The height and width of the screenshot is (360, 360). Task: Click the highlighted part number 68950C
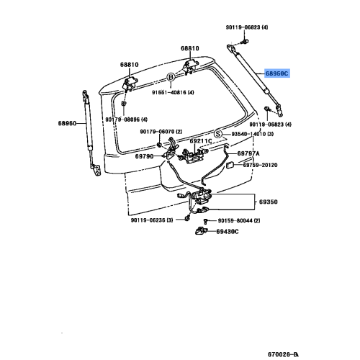pyautogui.click(x=276, y=73)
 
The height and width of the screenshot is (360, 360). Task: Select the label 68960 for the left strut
pyautogui.click(x=67, y=123)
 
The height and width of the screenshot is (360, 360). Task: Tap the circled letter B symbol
pyautogui.click(x=171, y=77)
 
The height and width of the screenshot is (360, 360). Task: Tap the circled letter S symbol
pyautogui.click(x=217, y=134)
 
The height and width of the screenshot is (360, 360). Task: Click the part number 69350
pyautogui.click(x=269, y=202)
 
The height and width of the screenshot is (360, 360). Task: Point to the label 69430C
pyautogui.click(x=228, y=232)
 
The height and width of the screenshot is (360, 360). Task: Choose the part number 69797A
pyautogui.click(x=248, y=153)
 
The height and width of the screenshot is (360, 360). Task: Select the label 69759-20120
pyautogui.click(x=260, y=165)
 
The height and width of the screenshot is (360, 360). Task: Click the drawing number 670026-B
pyautogui.click(x=283, y=354)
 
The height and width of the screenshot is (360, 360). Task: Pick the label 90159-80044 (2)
pyautogui.click(x=239, y=220)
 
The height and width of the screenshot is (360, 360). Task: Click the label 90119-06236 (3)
pyautogui.click(x=152, y=220)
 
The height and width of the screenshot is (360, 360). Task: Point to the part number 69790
pyautogui.click(x=144, y=156)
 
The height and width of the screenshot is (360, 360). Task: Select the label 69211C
pyautogui.click(x=201, y=141)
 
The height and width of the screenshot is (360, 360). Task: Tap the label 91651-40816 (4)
pyautogui.click(x=173, y=92)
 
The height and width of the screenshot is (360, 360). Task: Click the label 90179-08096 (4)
pyautogui.click(x=127, y=120)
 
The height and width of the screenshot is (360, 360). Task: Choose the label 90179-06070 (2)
pyautogui.click(x=161, y=132)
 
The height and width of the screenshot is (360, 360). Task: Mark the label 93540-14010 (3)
pyautogui.click(x=253, y=134)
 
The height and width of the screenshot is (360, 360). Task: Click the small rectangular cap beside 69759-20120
pyautogui.click(x=230, y=165)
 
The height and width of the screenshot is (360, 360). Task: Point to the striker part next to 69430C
pyautogui.click(x=201, y=230)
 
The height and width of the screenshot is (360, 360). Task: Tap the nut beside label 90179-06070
pyautogui.click(x=159, y=145)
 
